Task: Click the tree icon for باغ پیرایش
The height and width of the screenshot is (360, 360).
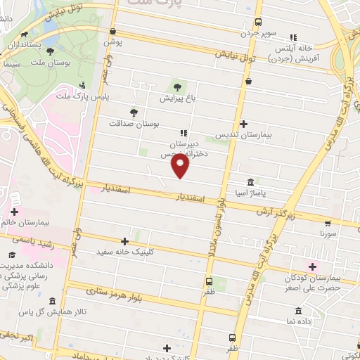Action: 175,87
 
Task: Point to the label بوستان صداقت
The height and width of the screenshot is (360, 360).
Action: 134,123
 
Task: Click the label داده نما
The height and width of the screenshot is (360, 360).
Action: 300,321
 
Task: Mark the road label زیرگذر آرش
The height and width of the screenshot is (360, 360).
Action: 273,211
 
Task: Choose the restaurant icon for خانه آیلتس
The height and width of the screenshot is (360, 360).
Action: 294,37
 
